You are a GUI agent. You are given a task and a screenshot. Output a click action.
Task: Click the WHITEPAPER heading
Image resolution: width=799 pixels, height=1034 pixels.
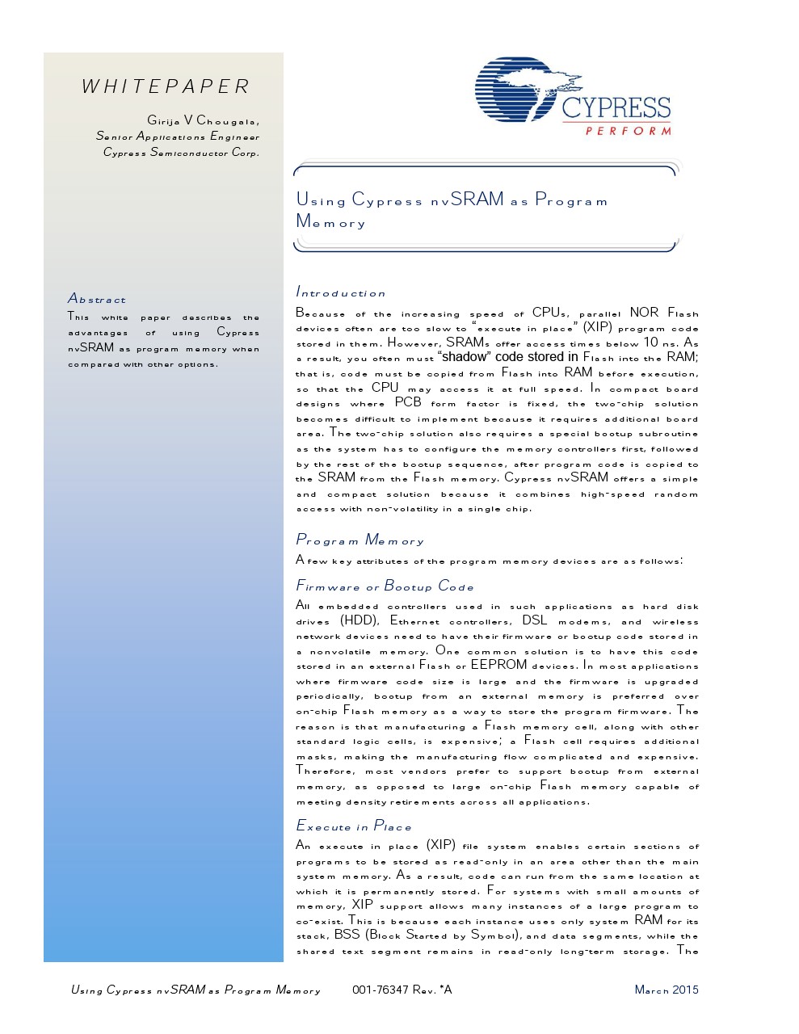tap(166, 86)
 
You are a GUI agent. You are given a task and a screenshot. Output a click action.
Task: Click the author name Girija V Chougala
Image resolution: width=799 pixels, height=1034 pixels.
tap(203, 120)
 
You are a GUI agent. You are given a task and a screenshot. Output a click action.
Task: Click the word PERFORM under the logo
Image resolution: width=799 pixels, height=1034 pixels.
tap(628, 131)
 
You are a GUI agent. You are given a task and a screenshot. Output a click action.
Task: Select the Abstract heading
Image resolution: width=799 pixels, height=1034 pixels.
tap(97, 299)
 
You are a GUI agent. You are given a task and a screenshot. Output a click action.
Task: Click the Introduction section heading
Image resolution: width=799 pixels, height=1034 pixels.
tap(341, 292)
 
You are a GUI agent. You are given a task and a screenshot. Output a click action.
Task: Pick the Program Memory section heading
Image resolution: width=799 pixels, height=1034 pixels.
tap(360, 540)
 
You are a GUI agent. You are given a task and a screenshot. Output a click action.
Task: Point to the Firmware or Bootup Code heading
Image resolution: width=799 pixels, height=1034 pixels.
tap(385, 586)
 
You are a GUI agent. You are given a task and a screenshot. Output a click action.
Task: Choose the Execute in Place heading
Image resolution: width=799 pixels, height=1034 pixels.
tap(354, 826)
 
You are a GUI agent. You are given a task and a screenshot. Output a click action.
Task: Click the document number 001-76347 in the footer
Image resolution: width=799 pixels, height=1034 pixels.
tap(377, 990)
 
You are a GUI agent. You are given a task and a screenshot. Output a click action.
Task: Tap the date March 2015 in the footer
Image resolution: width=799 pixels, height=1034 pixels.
tap(667, 990)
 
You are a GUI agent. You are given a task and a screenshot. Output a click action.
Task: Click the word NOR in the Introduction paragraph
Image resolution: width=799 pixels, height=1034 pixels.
tap(644, 313)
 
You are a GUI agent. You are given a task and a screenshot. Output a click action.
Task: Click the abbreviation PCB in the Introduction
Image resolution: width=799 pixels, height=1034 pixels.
tap(408, 402)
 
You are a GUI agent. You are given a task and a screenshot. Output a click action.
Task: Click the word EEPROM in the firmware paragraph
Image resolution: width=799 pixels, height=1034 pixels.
tap(498, 665)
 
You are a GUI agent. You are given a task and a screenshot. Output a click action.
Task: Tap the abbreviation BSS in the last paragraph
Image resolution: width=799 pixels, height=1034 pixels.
tap(347, 935)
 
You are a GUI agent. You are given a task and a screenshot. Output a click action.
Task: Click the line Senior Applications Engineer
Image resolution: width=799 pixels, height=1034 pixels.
tap(178, 137)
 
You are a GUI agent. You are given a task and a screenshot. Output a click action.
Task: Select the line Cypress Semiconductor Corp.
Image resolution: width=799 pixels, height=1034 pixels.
tap(181, 152)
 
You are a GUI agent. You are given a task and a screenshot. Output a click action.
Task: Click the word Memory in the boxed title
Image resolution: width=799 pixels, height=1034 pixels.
tap(330, 222)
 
